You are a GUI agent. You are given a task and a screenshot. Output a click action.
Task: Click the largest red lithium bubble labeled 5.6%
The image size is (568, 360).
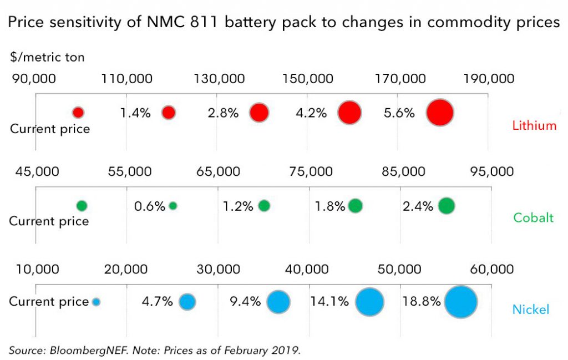(440, 113)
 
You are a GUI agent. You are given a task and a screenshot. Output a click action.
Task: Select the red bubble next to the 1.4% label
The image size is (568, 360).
(169, 113)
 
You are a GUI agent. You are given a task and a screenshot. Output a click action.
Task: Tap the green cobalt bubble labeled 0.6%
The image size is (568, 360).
(173, 206)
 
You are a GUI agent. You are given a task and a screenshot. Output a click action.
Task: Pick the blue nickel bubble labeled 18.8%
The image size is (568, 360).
(460, 302)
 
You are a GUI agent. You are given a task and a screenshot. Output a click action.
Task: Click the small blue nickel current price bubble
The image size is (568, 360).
(96, 302)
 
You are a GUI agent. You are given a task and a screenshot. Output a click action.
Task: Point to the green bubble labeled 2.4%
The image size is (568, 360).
(446, 206)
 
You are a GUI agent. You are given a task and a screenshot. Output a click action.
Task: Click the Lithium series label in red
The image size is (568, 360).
(534, 125)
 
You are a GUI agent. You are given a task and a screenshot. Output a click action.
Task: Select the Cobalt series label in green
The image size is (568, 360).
(533, 217)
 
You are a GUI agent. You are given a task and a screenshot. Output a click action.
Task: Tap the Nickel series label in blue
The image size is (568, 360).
(531, 309)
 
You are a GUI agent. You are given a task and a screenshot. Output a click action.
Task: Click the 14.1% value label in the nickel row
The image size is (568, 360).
(329, 302)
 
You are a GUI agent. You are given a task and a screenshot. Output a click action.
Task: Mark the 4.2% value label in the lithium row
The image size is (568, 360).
(311, 113)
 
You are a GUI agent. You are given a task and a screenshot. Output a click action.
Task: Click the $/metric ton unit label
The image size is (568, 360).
(47, 57)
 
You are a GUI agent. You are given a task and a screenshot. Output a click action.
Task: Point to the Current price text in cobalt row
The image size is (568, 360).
(49, 221)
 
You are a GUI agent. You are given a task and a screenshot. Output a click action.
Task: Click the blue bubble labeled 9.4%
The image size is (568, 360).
(278, 302)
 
